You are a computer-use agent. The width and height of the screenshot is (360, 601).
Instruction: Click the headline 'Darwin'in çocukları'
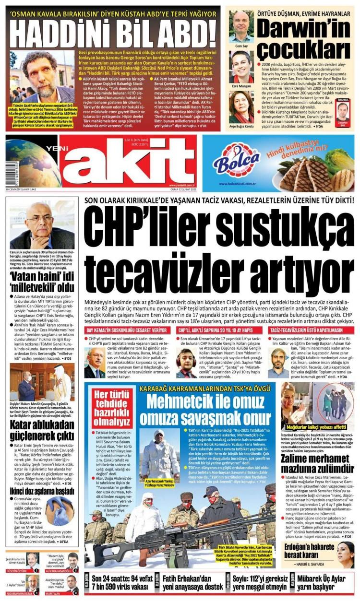[303, 37]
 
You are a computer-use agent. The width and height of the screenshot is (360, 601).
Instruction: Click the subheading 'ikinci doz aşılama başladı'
[41, 478]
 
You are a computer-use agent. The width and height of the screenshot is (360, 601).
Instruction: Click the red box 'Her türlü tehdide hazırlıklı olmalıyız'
[111, 408]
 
